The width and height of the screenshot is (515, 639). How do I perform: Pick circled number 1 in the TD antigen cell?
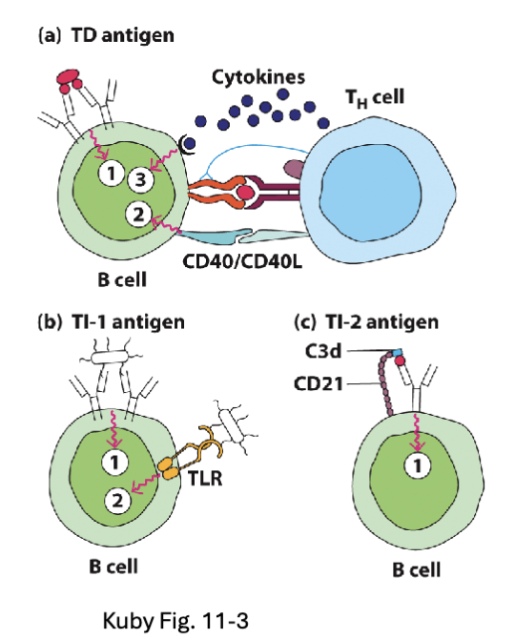pyautogui.click(x=113, y=173)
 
